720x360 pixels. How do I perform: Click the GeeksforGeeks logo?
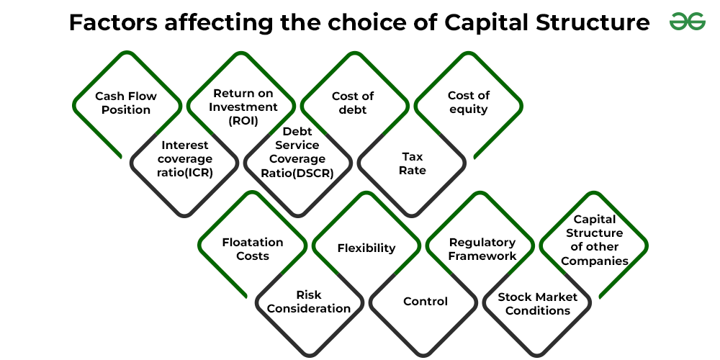688,22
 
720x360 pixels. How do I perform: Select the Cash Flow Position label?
126,103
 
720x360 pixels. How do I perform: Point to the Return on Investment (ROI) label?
243,107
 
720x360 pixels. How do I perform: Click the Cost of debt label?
353,103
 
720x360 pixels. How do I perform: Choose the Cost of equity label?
469,102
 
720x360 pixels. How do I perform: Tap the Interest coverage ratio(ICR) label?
184,159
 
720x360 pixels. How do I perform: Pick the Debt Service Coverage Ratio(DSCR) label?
297,152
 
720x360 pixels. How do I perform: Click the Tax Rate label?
412,163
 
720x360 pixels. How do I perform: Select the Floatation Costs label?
253,249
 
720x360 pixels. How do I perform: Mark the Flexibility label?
366,248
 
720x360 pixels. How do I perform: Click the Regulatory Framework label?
482,249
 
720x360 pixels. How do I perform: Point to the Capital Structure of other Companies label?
595,240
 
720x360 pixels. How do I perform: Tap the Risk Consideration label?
309,302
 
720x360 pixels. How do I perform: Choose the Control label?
426,301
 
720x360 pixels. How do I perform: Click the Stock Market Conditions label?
537,304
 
